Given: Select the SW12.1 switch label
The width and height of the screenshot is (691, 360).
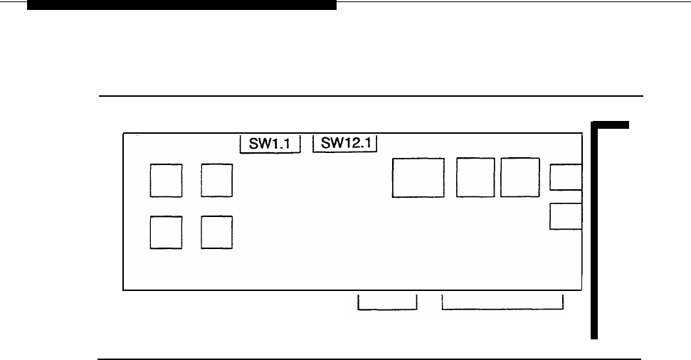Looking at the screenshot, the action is click(x=345, y=144).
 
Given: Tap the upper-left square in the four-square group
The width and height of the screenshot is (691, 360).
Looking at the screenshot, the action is click(x=167, y=181).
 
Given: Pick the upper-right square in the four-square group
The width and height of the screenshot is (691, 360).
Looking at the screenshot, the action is click(x=217, y=181).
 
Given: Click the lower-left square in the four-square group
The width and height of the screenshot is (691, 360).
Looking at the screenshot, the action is click(x=167, y=233).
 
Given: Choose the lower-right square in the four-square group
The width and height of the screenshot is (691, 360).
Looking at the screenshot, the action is click(x=217, y=233).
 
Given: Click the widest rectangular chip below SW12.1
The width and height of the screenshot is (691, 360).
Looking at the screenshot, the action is click(x=418, y=178).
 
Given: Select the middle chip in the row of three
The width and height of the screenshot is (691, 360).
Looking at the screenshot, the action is click(x=476, y=178).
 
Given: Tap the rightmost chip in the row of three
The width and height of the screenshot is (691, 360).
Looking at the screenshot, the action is click(x=520, y=178).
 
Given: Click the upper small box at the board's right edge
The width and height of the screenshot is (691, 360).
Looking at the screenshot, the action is click(x=566, y=178).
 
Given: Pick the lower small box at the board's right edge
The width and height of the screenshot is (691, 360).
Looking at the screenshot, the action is click(x=566, y=217).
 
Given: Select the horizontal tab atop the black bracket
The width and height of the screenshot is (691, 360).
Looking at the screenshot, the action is click(x=611, y=125).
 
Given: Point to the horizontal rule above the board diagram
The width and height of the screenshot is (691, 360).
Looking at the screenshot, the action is click(x=370, y=95).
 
